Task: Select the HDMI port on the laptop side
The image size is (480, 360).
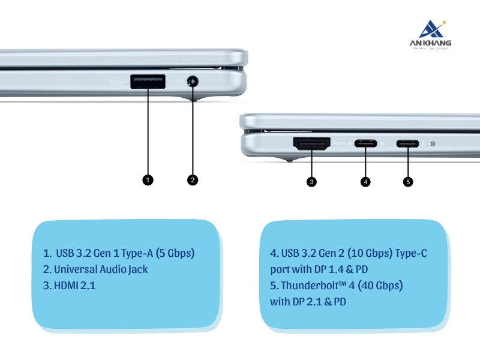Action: (311, 144)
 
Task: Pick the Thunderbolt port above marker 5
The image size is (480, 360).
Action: (408, 144)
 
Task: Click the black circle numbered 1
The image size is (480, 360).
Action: (148, 179)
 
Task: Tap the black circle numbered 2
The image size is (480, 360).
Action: (193, 179)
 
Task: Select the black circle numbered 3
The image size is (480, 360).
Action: (311, 181)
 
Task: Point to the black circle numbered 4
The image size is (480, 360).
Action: (365, 181)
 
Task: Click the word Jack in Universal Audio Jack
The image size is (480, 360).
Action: (137, 269)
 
